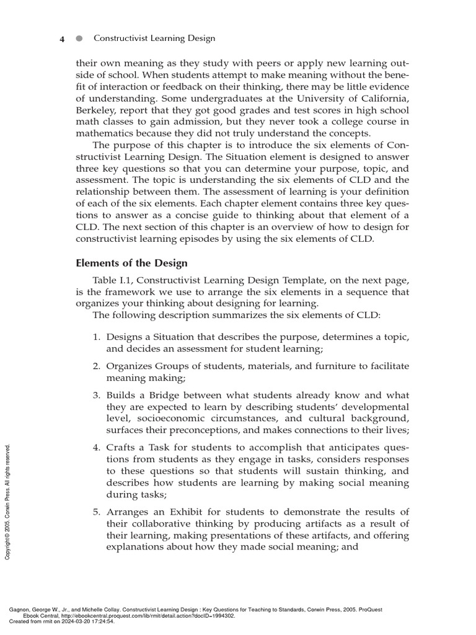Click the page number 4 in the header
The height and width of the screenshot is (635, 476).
(x=62, y=38)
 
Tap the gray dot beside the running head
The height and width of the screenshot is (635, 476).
(x=79, y=38)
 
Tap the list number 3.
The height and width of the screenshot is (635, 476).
(x=97, y=395)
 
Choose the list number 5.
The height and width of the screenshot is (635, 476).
(x=97, y=511)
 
